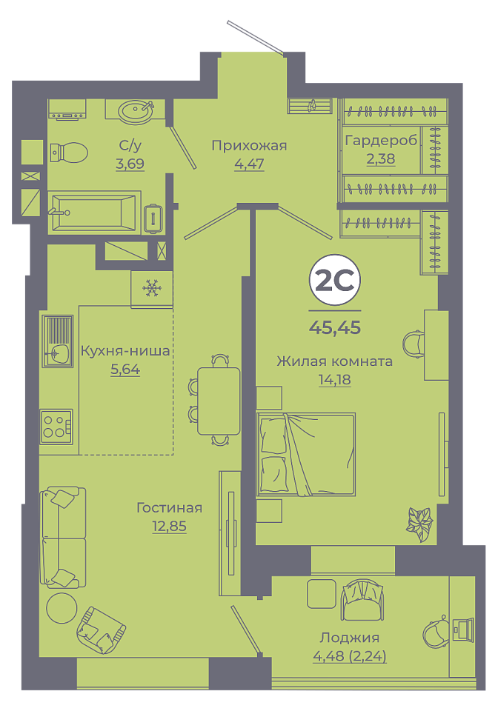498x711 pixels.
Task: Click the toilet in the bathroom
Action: click(68, 153)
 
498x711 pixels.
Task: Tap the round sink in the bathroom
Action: click(136, 110)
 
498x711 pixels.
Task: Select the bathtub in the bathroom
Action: click(94, 213)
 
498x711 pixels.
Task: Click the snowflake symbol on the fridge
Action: click(151, 288)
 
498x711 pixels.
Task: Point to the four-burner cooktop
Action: click(57, 427)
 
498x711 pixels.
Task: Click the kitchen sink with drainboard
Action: click(58, 341)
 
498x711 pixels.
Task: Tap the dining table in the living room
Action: click(219, 401)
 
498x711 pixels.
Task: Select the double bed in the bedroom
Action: click(306, 454)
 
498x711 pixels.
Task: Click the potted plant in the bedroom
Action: click(419, 524)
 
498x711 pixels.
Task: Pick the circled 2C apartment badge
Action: click(335, 281)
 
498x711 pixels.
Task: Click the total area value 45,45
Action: click(335, 327)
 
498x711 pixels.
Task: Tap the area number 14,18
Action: click(335, 379)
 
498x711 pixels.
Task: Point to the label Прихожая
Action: click(250, 146)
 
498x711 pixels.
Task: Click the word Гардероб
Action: click(381, 141)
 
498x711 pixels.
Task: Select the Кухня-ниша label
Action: click(125, 350)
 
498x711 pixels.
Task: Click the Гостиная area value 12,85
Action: click(169, 526)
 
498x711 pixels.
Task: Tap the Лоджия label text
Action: click(350, 638)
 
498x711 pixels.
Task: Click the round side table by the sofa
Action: click(62, 608)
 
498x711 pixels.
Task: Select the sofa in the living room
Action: click(63, 538)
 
